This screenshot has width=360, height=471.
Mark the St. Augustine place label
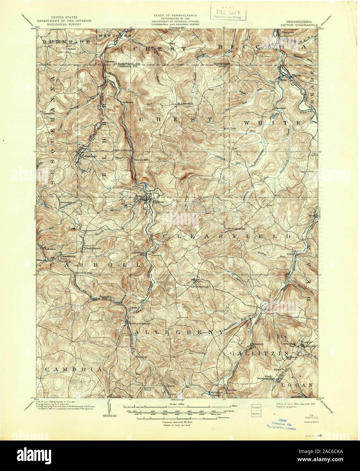click(x=236, y=229)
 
